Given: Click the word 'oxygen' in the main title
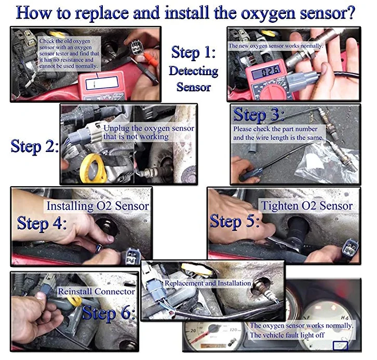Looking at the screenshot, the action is pyautogui.click(x=268, y=13).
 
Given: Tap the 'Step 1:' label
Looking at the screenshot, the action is pyautogui.click(x=193, y=52).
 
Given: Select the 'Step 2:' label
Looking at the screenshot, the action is pyautogui.click(x=35, y=146).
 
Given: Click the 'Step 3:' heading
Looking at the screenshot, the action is pyautogui.click(x=259, y=115).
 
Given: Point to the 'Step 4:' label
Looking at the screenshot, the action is pyautogui.click(x=42, y=223).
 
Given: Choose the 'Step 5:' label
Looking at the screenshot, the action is pyautogui.click(x=235, y=221).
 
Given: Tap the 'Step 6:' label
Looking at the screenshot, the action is pyautogui.click(x=108, y=313).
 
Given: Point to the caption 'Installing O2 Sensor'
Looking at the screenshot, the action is pyautogui.click(x=98, y=206).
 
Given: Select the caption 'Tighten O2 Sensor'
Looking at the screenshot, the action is pyautogui.click(x=307, y=206).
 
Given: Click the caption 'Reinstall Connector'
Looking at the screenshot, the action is pyautogui.click(x=97, y=292).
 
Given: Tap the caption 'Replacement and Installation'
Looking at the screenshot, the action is pyautogui.click(x=208, y=283).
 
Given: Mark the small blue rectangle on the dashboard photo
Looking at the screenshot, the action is pyautogui.click(x=340, y=345).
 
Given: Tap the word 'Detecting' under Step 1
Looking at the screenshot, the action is pyautogui.click(x=194, y=71).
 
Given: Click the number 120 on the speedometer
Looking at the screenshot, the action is pyautogui.click(x=233, y=330).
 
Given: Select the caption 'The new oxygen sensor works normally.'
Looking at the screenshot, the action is pyautogui.click(x=276, y=46).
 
